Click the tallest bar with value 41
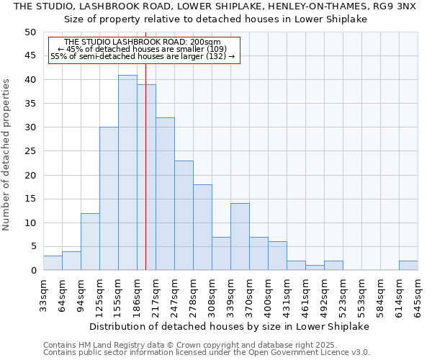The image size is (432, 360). click(127, 173)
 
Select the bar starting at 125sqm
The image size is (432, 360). click(109, 199)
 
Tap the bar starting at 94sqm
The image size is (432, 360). click(90, 242)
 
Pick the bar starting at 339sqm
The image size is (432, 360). click(240, 237)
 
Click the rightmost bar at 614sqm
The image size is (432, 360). click(408, 266)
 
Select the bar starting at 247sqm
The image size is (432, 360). click(184, 215)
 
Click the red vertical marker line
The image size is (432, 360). click(145, 180)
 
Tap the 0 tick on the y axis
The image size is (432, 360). click(33, 271)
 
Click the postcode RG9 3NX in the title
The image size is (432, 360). click(396, 6)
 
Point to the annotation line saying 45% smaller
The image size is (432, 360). click(143, 49)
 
